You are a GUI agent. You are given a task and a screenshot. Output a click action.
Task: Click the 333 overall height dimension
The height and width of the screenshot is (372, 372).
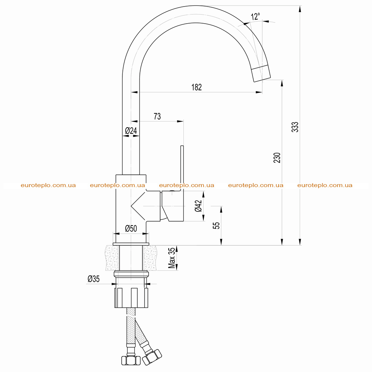(295, 127)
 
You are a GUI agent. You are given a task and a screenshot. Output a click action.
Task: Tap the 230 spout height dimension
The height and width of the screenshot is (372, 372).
(277, 158)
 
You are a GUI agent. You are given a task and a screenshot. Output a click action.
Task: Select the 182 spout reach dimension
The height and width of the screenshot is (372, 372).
(197, 87)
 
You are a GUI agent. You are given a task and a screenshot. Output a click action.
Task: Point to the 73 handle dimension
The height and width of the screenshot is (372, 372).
(157, 116)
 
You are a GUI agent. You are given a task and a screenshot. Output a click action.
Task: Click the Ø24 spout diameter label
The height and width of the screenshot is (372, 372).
(131, 130)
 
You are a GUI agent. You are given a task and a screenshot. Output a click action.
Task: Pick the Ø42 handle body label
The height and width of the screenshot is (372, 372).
(198, 206)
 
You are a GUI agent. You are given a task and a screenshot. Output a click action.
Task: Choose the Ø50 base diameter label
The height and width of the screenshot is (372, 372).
(131, 228)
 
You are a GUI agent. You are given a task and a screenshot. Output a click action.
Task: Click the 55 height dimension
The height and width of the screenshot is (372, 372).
(217, 225)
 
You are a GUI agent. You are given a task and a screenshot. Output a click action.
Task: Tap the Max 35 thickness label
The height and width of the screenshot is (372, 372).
(171, 258)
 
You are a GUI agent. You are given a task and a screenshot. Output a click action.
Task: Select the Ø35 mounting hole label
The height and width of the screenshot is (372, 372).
(93, 279)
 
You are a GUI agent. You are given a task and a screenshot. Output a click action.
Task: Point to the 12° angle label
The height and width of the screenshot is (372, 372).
(255, 16)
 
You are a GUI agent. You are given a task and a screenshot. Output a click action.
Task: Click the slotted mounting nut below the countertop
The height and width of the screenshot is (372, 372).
(131, 298)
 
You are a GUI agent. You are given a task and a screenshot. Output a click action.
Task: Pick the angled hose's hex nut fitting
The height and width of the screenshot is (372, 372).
(152, 357)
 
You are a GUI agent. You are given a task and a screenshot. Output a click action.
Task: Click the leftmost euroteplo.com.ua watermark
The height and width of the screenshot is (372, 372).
(48, 185)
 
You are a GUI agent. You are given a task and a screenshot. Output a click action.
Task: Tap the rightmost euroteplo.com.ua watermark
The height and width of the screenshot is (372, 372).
(325, 185)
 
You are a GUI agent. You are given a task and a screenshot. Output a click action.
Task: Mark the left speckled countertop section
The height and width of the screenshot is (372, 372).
(112, 258)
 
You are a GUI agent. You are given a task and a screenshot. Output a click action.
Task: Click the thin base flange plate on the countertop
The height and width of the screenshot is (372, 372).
(131, 244)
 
